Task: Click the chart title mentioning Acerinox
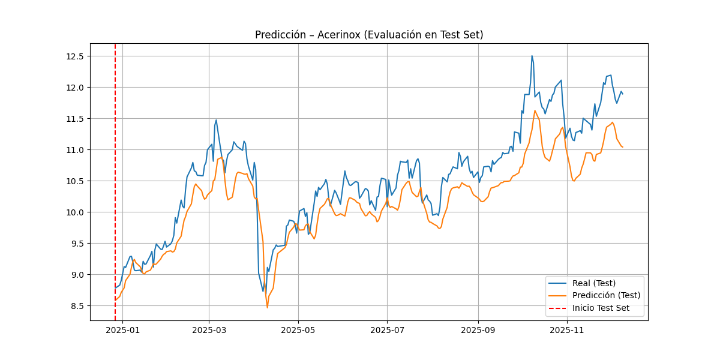pos(369,35)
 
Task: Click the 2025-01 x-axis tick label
pos(122,329)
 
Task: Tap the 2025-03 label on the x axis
pos(209,329)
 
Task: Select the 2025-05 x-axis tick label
pos(298,329)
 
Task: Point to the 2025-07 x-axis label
pos(388,329)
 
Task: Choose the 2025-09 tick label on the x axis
pos(478,329)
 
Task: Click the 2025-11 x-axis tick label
pos(568,329)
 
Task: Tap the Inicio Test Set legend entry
pos(601,308)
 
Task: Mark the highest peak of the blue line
pos(532,56)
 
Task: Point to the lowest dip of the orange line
pos(267,308)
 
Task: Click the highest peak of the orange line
pos(535,110)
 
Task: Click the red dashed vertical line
pos(115,180)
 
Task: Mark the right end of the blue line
pos(623,94)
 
